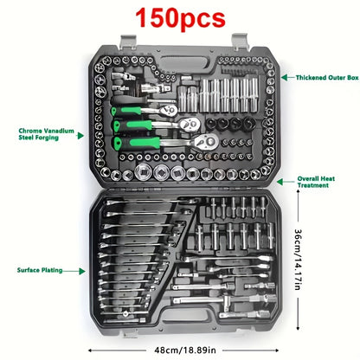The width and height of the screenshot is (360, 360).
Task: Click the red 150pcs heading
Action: point(179,18)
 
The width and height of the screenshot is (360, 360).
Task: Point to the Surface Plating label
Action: point(39,269)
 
